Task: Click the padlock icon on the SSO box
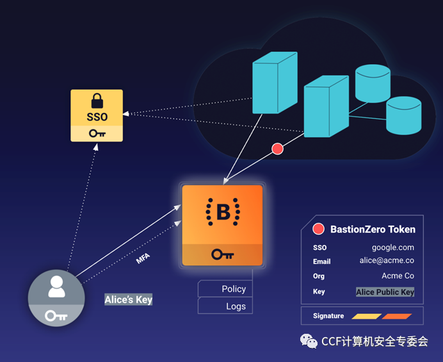(97, 101)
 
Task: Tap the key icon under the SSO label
(97, 133)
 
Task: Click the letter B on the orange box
(223, 212)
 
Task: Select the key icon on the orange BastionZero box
(222, 254)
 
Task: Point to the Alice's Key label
(129, 300)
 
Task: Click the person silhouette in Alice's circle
(56, 286)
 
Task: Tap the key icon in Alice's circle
(56, 315)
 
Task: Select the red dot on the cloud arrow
(277, 149)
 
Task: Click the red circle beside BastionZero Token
(318, 229)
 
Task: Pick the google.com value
(392, 247)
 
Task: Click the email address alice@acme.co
(387, 261)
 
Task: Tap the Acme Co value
(398, 276)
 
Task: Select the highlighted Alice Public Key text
(385, 292)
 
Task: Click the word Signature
(328, 316)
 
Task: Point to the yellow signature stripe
(366, 316)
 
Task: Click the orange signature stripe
(397, 316)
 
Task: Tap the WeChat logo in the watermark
(310, 341)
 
